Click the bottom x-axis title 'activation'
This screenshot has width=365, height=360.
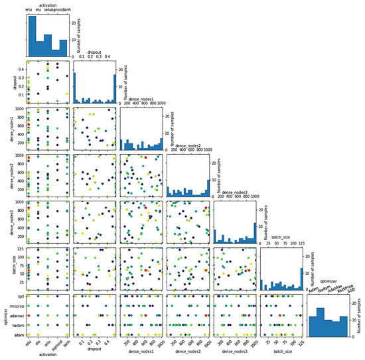click(47, 355)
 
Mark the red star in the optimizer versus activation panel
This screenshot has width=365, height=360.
click(29, 316)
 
